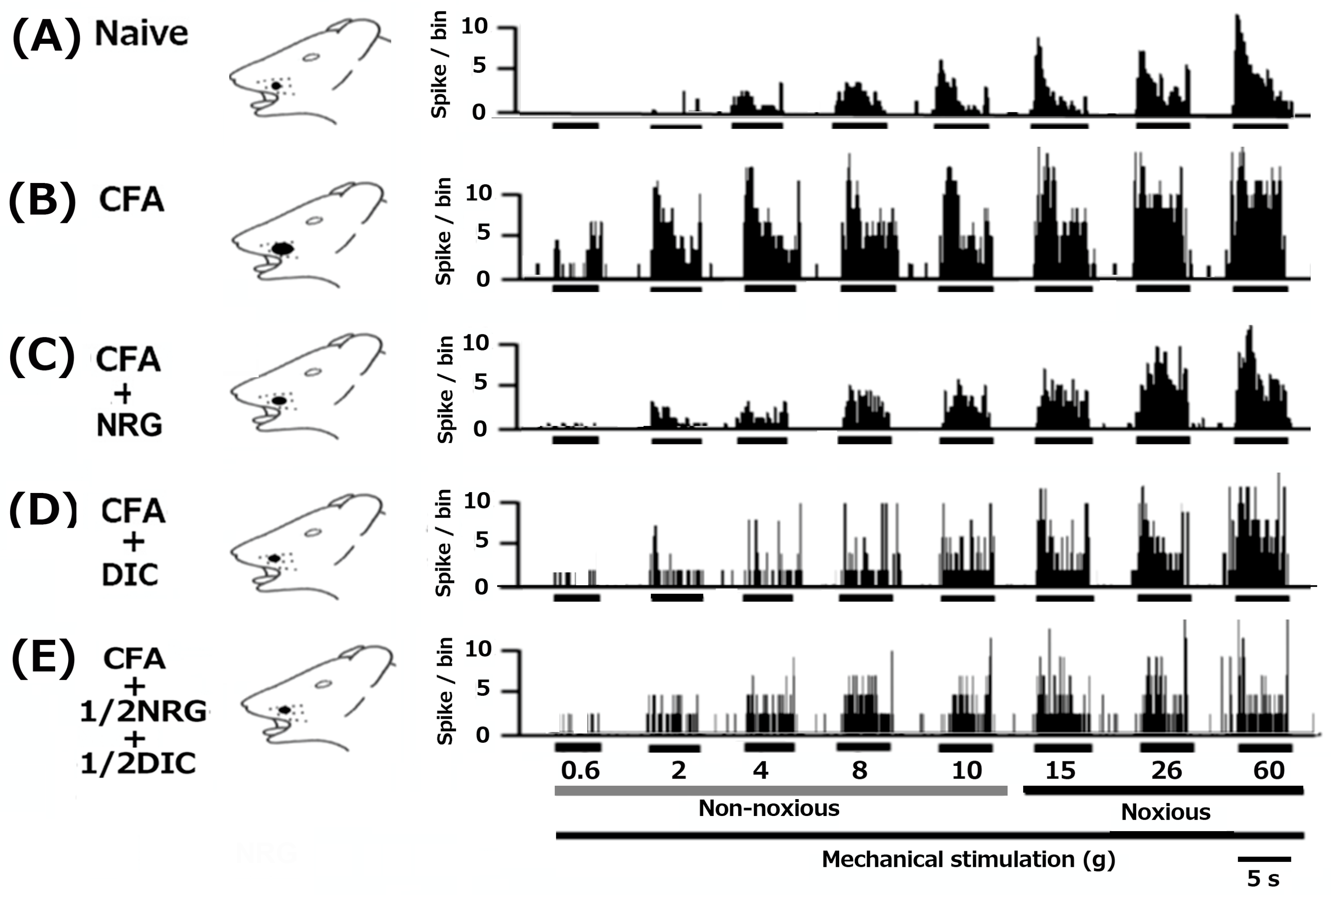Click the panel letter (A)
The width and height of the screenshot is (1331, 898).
point(46,35)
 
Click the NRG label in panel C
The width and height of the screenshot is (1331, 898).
point(130,425)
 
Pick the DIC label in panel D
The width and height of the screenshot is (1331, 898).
point(130,575)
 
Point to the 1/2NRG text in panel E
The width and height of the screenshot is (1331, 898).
point(143,711)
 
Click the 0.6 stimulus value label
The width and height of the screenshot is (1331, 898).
point(580,770)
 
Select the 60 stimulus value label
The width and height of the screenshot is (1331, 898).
point(1269,770)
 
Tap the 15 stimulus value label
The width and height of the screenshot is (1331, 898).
point(1060,770)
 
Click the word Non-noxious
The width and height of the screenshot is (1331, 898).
point(769,808)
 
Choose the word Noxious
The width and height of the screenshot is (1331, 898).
point(1166,812)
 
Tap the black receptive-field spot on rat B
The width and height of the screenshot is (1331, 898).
point(282,249)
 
